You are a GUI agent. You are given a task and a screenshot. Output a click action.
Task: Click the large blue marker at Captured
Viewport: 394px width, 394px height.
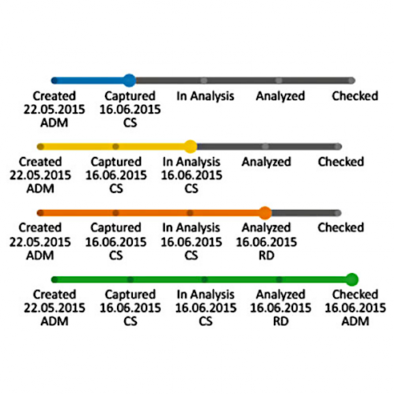coord(130,80)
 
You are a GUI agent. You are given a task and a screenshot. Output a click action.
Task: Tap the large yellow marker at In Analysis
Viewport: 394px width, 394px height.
coord(191,147)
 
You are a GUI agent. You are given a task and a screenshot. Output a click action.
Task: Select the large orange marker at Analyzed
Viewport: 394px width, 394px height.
coord(265,213)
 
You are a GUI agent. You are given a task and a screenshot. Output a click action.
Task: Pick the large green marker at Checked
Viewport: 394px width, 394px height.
coord(352,279)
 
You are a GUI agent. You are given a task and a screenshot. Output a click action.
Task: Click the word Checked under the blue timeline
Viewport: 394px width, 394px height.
coord(355,96)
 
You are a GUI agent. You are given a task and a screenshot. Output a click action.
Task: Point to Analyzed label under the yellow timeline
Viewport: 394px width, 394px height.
coord(266,162)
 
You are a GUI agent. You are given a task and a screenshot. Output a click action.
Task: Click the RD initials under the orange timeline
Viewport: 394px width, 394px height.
coord(267,255)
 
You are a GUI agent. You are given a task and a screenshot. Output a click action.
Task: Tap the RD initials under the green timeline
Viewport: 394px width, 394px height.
coord(280,321)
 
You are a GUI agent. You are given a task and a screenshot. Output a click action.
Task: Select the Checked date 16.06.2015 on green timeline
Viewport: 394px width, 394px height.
coord(356,308)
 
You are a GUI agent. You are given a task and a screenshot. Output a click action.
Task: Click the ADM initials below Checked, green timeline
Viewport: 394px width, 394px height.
coord(356,321)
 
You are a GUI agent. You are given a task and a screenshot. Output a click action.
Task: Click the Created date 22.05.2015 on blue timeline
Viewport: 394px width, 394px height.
coord(54,110)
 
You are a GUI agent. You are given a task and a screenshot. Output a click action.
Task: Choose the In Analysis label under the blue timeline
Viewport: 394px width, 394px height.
coord(205,96)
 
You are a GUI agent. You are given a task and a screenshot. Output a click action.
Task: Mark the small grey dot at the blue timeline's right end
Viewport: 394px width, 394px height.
coord(352,80)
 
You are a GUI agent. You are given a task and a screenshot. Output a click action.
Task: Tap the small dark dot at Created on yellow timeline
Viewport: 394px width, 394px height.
coord(41,147)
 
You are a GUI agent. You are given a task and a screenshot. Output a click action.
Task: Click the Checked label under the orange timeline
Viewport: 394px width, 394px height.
coord(341,227)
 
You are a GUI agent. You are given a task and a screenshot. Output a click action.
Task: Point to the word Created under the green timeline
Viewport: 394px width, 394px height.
coord(54,295)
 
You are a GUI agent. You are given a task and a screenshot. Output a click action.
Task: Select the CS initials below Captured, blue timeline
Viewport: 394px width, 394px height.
coord(130,123)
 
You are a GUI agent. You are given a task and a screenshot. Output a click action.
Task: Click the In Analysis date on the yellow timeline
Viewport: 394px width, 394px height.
coord(191,175)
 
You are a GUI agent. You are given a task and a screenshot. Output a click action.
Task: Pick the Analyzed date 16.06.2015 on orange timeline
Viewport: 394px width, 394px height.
coord(267,242)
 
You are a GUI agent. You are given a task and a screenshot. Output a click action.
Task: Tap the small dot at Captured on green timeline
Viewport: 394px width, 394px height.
coord(131,279)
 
